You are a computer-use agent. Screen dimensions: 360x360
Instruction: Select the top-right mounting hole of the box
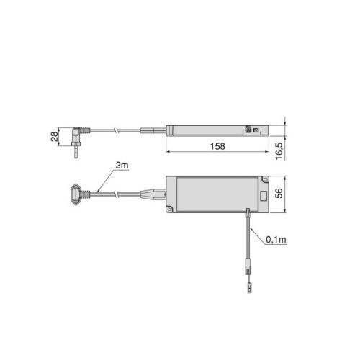click(265, 180)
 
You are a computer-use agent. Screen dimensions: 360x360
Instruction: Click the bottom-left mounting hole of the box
click(171, 210)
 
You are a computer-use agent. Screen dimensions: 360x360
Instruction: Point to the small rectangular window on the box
click(264, 195)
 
